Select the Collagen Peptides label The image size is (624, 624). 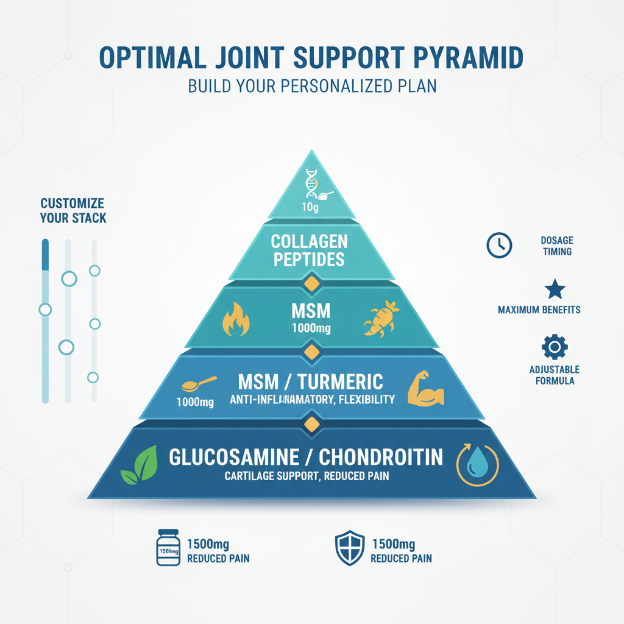[x=308, y=250]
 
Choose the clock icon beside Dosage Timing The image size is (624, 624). [x=499, y=246]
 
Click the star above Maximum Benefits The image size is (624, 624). [x=555, y=289]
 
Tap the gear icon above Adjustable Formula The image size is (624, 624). [x=555, y=347]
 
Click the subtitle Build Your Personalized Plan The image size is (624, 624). [x=312, y=85]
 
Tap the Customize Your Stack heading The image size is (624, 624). [x=73, y=210]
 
